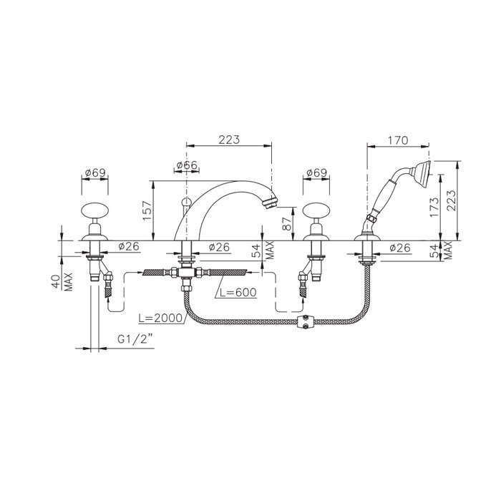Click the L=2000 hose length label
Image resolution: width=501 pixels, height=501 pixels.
point(160,318)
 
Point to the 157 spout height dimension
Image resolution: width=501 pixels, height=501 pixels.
point(147,210)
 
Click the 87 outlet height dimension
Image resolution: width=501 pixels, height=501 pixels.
point(286,223)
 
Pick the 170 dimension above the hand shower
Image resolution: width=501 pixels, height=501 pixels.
point(397,140)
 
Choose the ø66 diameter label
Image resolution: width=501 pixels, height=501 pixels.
point(188,165)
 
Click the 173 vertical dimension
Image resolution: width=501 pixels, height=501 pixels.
point(434,207)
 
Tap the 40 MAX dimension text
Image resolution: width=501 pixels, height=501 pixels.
point(63,281)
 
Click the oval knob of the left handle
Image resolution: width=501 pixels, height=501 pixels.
point(94,211)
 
